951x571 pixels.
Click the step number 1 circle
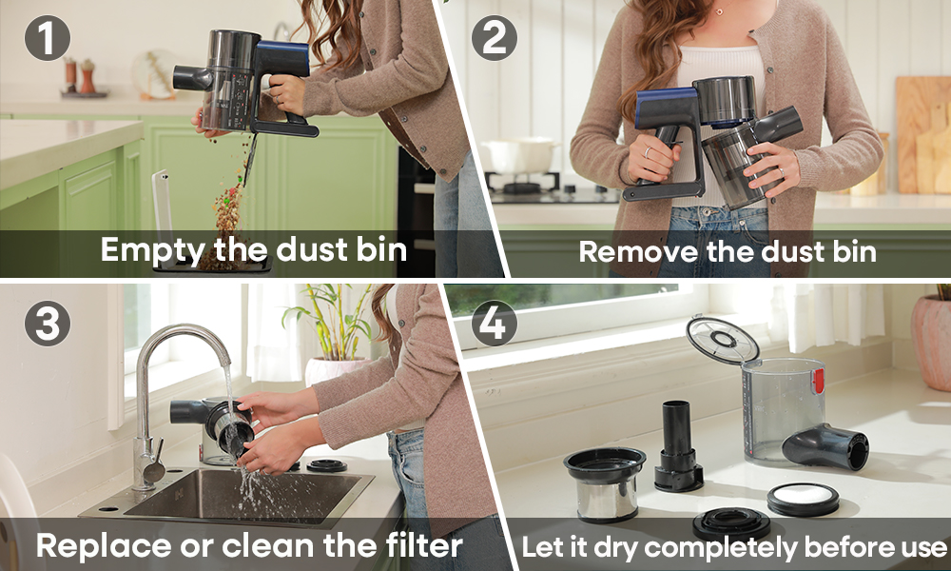coord(48,38)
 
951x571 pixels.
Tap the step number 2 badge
coord(495,38)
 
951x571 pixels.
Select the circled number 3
coord(48,324)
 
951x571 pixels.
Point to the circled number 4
coord(495,324)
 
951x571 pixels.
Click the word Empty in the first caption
coord(151,250)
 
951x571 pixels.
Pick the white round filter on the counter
coord(803,498)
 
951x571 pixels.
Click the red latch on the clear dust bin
coord(818,381)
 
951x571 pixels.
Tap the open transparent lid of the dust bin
coord(723,340)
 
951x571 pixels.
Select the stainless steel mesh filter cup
coord(606,483)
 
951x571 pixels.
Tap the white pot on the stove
coord(519,156)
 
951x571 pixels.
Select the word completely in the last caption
coord(719,548)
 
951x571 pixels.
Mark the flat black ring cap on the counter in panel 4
coord(730,523)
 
